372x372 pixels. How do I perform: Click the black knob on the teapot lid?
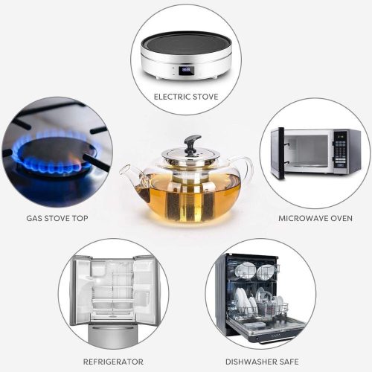click(x=192, y=143)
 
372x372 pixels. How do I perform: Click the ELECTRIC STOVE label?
click(x=186, y=97)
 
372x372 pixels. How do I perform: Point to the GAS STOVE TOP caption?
click(x=57, y=218)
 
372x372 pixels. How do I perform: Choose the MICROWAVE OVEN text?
click(x=315, y=218)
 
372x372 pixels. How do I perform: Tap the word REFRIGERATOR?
click(x=113, y=362)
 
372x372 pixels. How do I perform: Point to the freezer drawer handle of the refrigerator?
click(x=113, y=327)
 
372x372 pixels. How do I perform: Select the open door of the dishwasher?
click(x=266, y=328)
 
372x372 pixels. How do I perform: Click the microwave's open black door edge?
click(x=281, y=153)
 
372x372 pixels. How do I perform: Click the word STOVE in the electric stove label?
click(x=205, y=97)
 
